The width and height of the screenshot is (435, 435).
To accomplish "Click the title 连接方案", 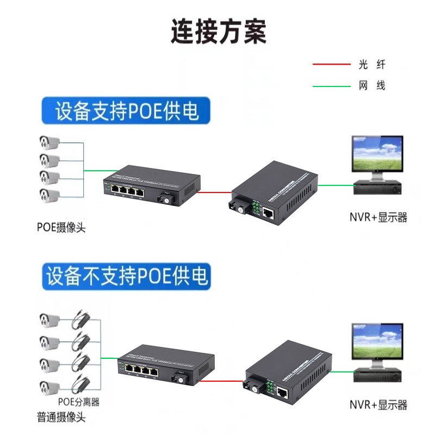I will [x=218, y=31].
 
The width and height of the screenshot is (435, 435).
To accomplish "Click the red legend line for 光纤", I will [x=331, y=64].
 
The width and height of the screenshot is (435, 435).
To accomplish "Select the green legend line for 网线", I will [x=331, y=86].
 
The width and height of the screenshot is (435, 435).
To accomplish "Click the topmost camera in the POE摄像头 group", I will [x=49, y=144].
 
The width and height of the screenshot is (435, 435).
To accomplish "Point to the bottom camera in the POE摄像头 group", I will [x=49, y=195].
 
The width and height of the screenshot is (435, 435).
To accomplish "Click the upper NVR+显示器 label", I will [x=378, y=217].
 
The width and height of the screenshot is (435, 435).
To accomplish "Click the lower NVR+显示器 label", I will [x=378, y=405].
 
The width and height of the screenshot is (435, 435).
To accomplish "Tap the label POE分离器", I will [x=79, y=402].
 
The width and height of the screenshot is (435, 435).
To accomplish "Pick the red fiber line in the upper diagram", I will [x=214, y=192].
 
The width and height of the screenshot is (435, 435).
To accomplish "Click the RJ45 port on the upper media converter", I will [x=268, y=213].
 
